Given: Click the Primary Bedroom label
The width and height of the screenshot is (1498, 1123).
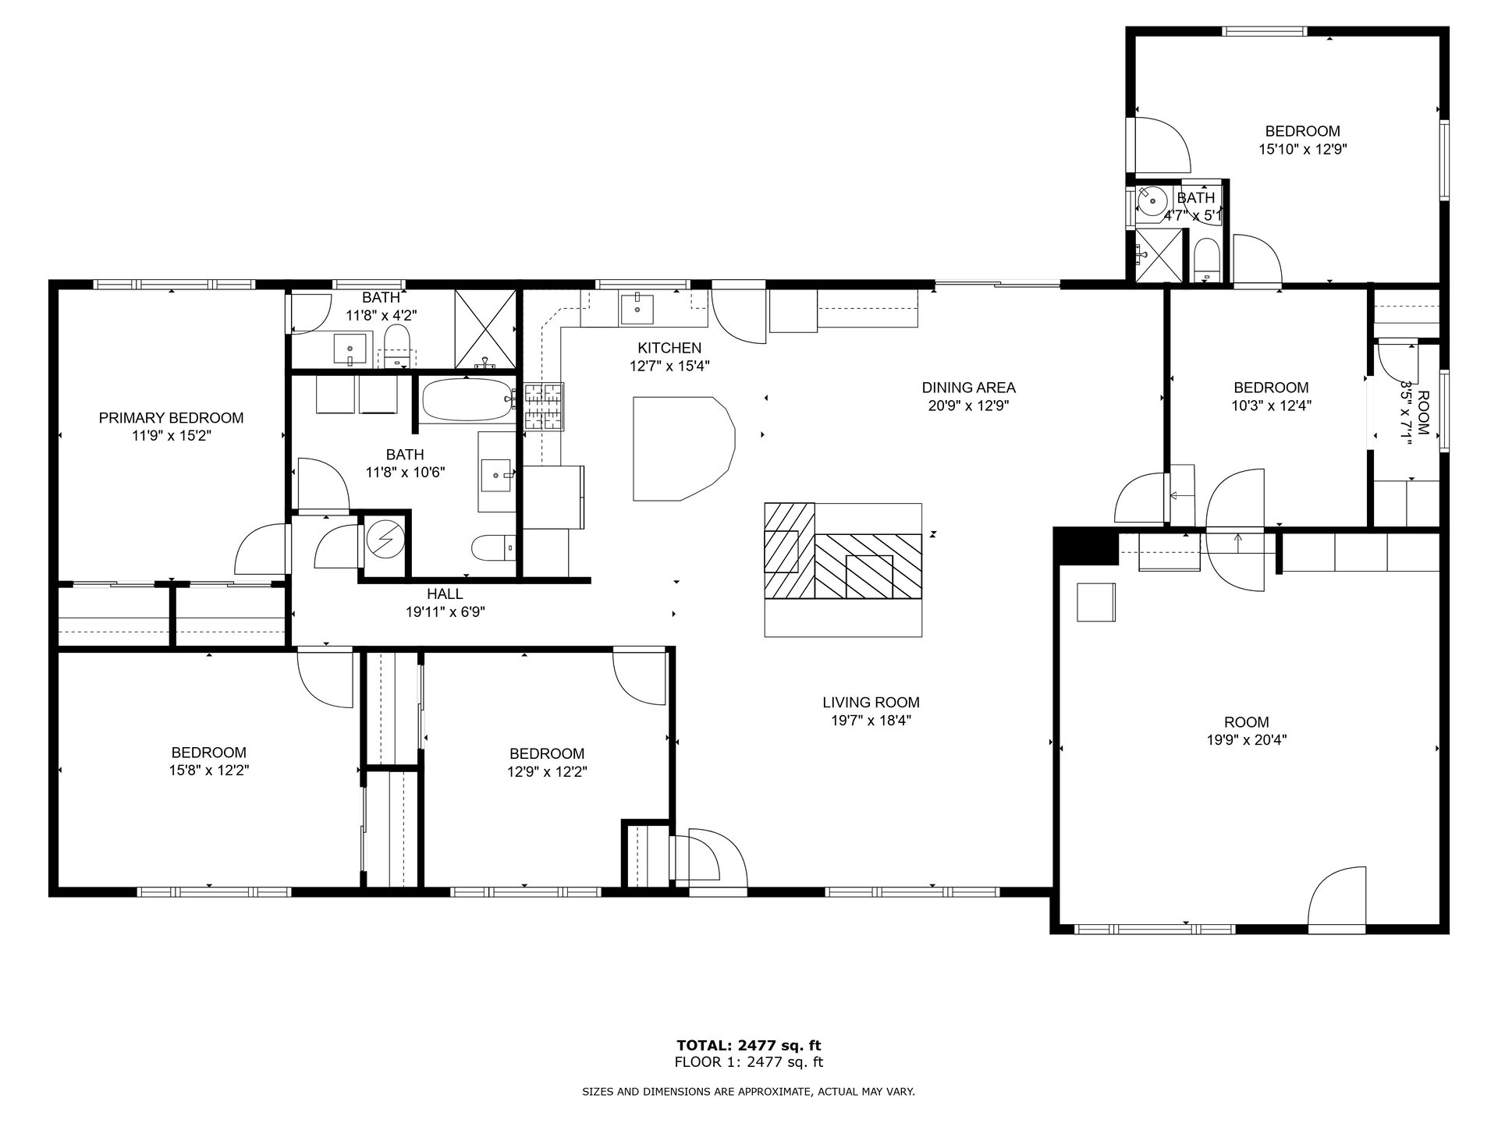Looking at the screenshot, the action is pos(171,418).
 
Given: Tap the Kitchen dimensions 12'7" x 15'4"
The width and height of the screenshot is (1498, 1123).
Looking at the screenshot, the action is pos(669,365).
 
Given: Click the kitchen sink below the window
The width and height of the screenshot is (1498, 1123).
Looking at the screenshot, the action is pos(638,309).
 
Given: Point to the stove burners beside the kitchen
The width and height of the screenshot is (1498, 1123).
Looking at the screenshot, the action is pos(544,406).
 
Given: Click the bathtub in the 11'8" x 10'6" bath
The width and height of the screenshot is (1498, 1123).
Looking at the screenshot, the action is pos(467,400).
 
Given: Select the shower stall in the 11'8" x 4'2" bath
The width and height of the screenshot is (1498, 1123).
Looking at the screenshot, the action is pos(485,329).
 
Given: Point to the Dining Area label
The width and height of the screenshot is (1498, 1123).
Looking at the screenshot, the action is pos(968,388).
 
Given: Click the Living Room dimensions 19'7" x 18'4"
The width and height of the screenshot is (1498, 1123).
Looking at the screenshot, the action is pos(871,721).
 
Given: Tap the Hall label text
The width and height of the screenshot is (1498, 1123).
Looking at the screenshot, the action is pos(445,594).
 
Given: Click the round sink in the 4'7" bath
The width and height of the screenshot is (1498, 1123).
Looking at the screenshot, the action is pos(1151,201).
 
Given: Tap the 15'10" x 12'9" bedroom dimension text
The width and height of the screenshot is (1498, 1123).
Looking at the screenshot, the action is pos(1303,149).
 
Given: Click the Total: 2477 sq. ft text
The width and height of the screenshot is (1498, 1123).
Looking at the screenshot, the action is pos(748,1045).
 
